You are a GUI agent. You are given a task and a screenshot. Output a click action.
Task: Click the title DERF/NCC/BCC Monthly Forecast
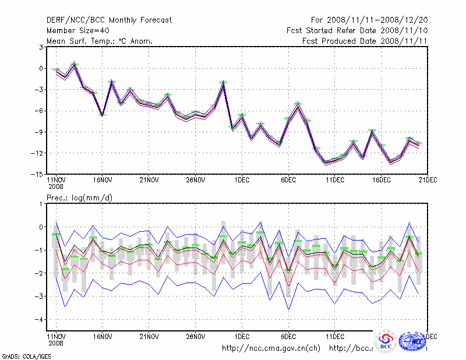click(109, 20)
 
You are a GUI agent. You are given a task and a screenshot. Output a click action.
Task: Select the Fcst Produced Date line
click(365, 41)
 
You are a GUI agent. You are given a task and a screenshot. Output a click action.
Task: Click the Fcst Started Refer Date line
click(357, 30)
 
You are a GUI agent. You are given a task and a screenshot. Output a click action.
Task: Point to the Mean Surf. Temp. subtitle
click(99, 41)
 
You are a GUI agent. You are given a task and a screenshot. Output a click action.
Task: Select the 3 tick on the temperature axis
click(40, 47)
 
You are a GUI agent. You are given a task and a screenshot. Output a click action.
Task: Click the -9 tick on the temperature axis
click(38, 132)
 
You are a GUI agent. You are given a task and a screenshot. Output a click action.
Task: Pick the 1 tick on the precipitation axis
click(40, 204)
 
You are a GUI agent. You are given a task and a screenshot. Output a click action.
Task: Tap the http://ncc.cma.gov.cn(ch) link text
click(271, 348)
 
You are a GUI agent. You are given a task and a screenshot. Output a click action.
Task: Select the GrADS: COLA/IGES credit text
click(22, 355)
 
